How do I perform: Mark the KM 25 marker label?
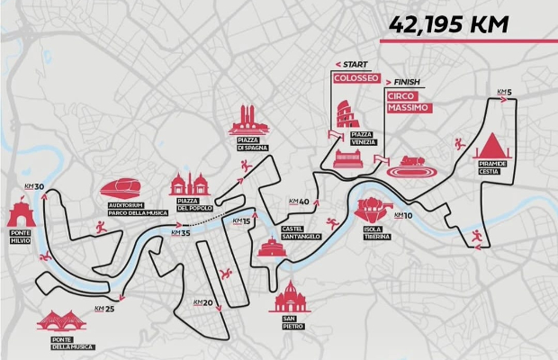(104, 310)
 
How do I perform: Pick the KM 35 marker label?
(179, 233)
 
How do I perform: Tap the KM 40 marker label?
(299, 202)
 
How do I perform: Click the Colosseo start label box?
(353, 78)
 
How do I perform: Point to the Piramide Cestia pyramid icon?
(493, 144)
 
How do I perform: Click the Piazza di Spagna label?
(255, 145)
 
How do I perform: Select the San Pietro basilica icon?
(290, 296)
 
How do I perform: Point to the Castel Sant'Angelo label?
(298, 232)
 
